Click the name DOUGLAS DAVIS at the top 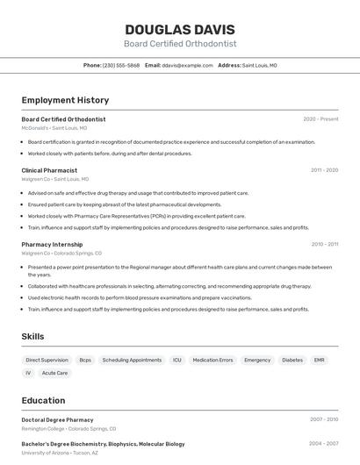(x=180, y=29)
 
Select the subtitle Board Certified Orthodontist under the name (x=180, y=44)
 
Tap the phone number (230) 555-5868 (x=121, y=65)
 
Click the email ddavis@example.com (x=188, y=65)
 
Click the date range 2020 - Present (x=320, y=119)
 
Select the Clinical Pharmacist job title (x=49, y=170)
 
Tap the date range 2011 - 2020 (x=324, y=170)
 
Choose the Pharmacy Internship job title (x=52, y=245)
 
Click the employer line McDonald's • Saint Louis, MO (x=54, y=128)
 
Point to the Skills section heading (x=32, y=336)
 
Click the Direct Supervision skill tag (x=47, y=360)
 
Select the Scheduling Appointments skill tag (x=132, y=360)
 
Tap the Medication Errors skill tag (x=212, y=360)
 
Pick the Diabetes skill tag (x=292, y=360)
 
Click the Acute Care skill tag (x=54, y=373)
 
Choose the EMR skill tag (x=319, y=360)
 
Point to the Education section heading (x=43, y=400)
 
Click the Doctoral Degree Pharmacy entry (x=57, y=420)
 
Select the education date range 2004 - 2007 (x=324, y=444)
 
